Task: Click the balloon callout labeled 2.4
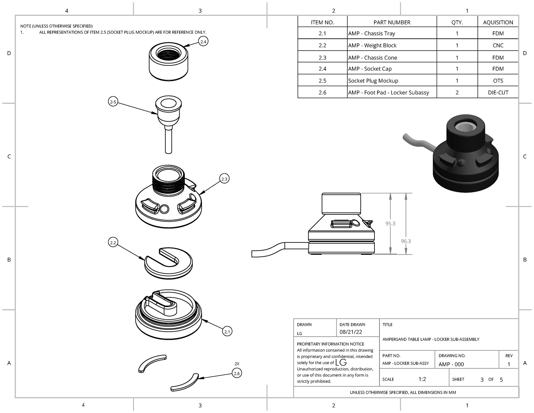click(203, 41)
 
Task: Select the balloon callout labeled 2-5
click(113, 102)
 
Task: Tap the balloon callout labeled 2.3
click(224, 179)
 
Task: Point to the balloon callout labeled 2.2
click(113, 242)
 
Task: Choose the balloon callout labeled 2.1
click(227, 331)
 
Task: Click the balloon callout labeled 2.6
click(237, 373)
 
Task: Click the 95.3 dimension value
click(390, 223)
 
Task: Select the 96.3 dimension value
click(406, 241)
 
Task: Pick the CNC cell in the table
click(498, 45)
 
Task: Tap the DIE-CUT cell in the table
click(498, 92)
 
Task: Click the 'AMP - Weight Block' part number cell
click(372, 45)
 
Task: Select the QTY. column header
click(457, 22)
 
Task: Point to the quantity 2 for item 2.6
click(457, 92)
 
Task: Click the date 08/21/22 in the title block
click(351, 332)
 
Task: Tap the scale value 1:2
click(422, 379)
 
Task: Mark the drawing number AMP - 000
click(451, 364)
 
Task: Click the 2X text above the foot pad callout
click(237, 364)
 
